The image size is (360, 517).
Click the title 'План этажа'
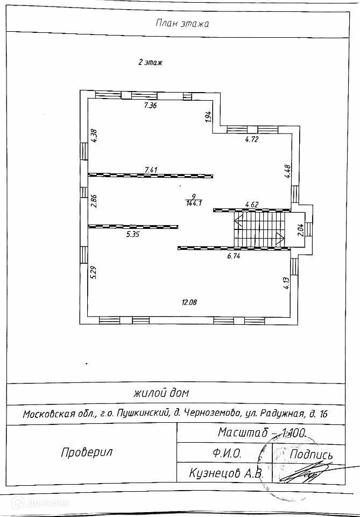tap(182, 23)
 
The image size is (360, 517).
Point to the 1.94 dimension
tap(207, 117)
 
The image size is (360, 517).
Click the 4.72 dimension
tap(252, 139)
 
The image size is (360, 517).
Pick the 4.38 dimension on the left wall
tap(94, 135)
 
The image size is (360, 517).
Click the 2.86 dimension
tap(94, 200)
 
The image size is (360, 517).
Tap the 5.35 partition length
tap(133, 234)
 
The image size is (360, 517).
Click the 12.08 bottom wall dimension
tap(189, 303)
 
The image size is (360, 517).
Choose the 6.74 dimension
tap(234, 256)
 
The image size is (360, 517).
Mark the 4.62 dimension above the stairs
tap(252, 204)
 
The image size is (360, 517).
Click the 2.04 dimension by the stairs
tap(301, 230)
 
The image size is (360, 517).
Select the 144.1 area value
tap(193, 204)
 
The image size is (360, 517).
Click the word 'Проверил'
tap(86, 452)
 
